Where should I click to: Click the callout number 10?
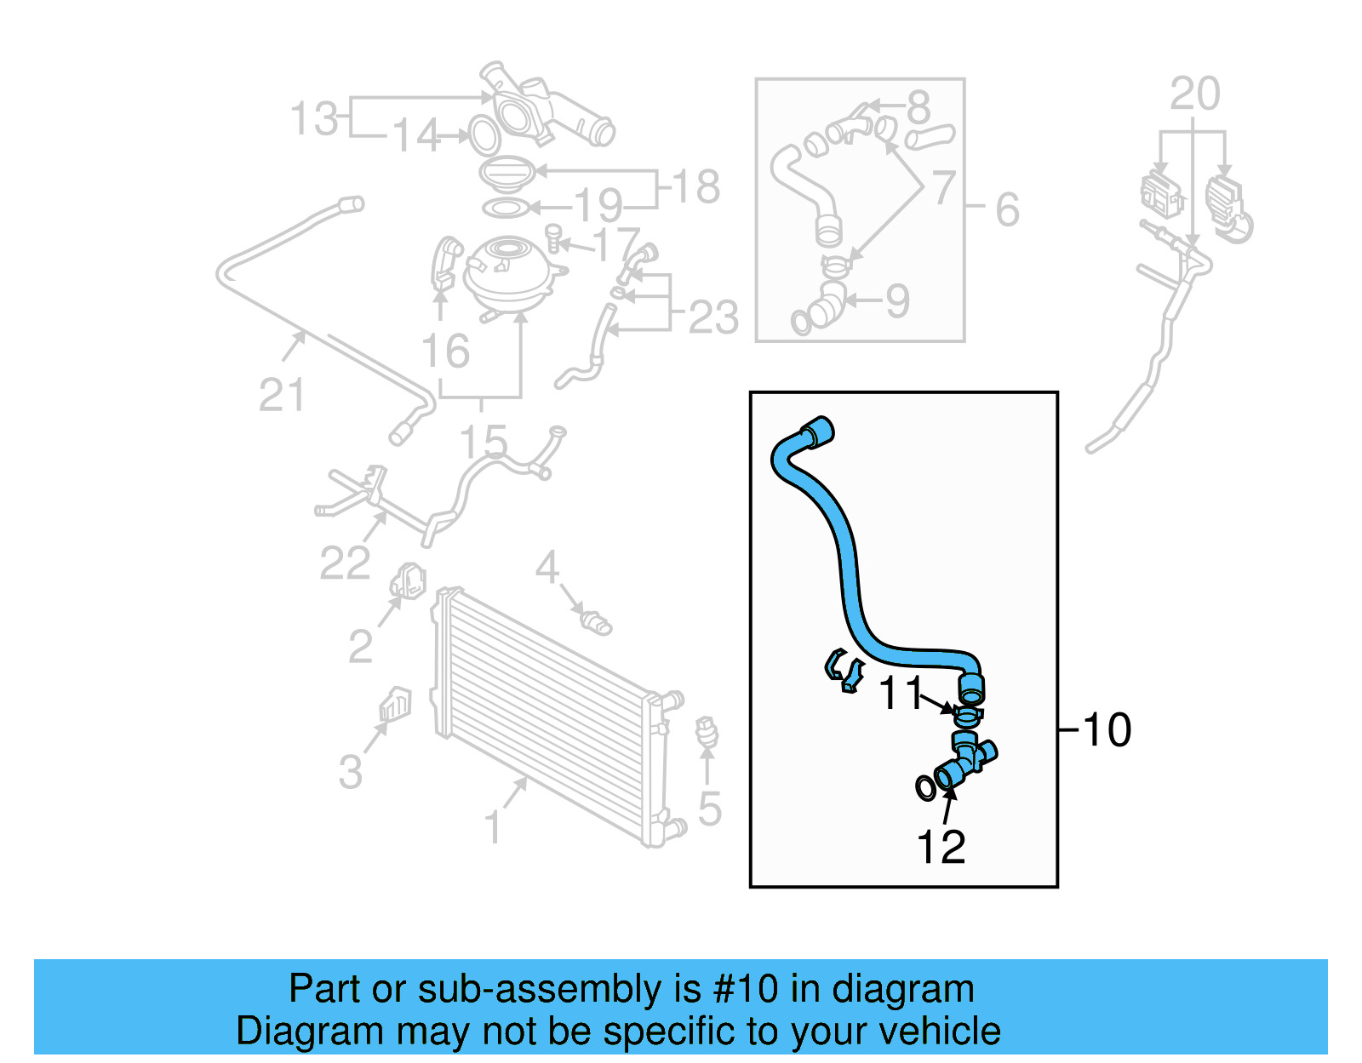1107,729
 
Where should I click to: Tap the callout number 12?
941,847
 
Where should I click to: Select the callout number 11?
901,693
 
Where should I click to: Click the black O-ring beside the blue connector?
925,788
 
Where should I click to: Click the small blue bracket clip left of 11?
844,671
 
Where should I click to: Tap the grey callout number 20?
1194,94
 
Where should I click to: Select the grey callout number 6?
1007,209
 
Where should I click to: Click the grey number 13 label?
314,118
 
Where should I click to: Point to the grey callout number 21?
281,396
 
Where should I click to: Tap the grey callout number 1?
492,827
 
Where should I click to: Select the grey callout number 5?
709,809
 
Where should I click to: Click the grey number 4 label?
547,567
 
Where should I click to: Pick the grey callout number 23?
713,317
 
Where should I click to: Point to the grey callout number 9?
897,300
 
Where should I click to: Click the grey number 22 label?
344,563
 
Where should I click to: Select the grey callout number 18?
696,186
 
